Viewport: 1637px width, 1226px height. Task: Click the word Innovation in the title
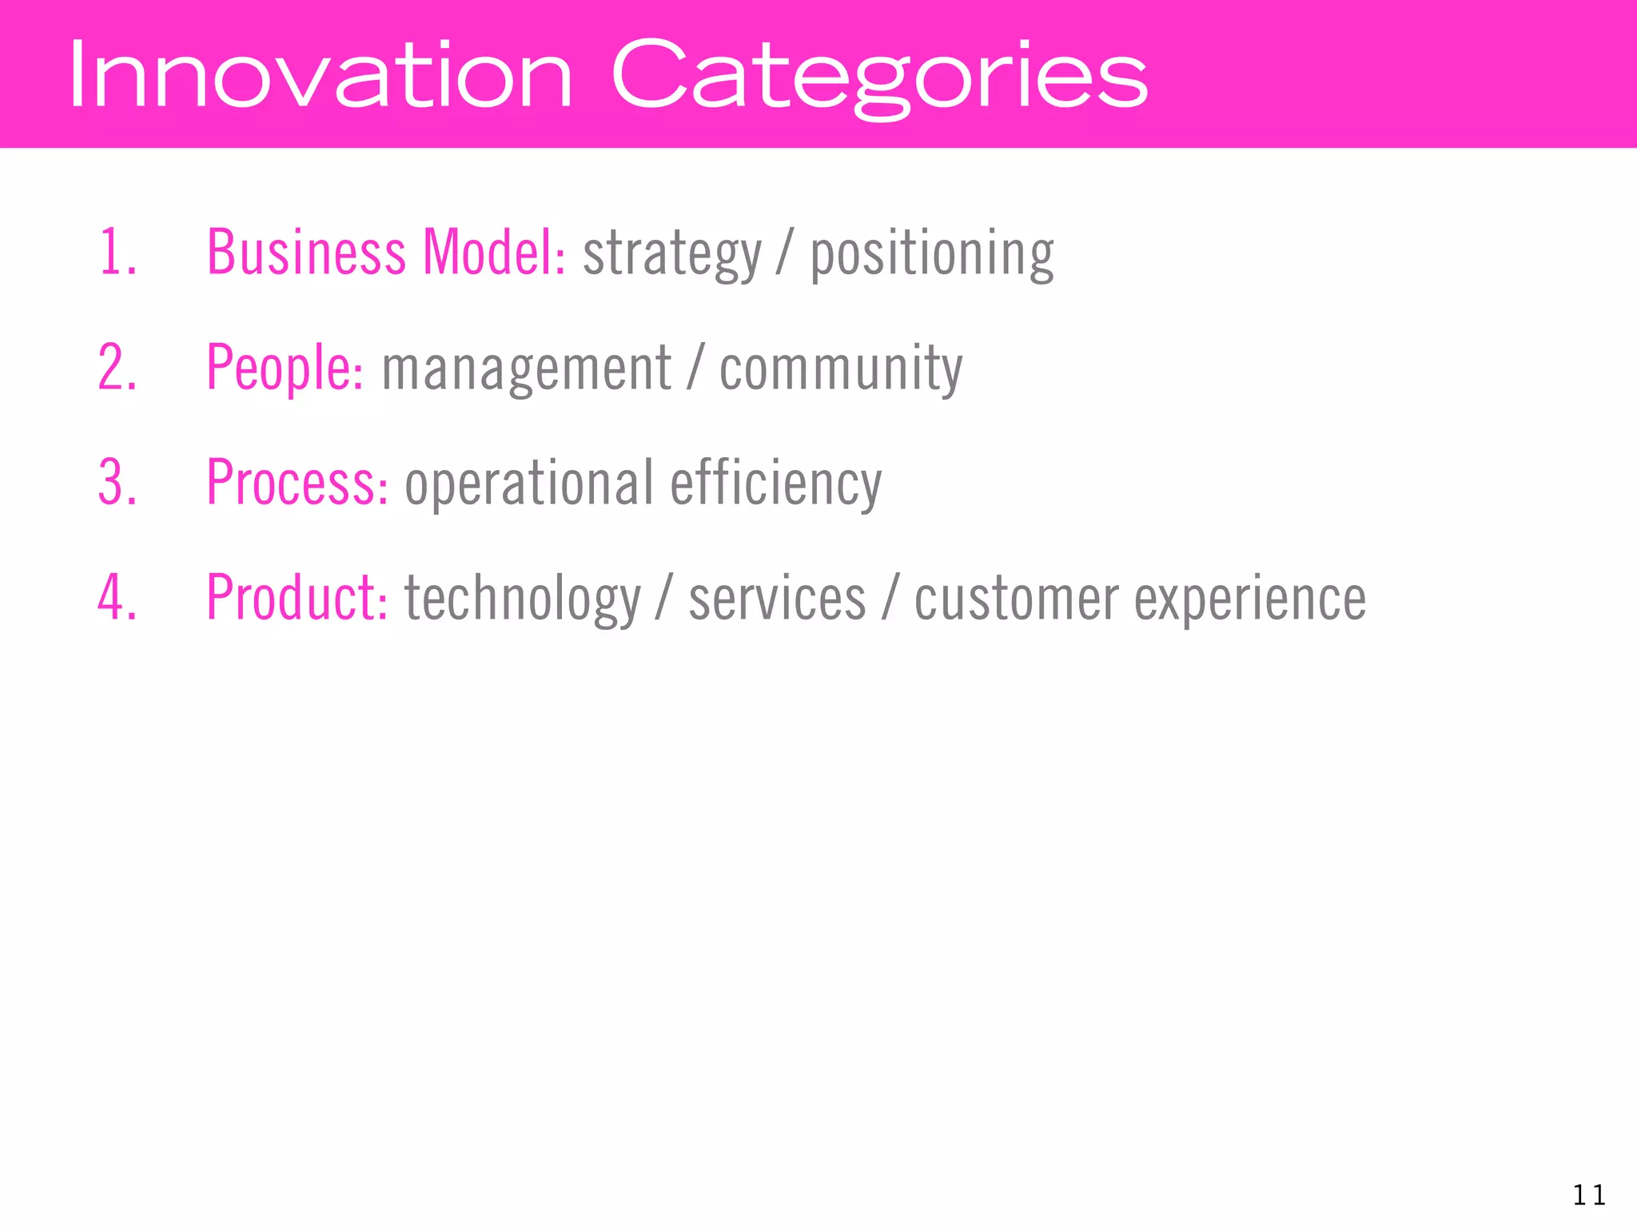pos(320,76)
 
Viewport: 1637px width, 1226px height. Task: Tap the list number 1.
pos(117,253)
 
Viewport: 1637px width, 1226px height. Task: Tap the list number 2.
pos(117,368)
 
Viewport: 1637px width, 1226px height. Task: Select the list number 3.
pos(117,483)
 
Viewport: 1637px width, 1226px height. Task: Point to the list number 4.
pos(117,598)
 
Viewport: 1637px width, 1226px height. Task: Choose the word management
pos(526,369)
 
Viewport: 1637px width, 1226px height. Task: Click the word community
pos(841,369)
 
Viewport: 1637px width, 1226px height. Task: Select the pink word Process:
pos(297,483)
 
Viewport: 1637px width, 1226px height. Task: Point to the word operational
pos(529,484)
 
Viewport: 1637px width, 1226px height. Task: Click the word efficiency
pos(775,484)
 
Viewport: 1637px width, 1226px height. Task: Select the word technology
pos(523,599)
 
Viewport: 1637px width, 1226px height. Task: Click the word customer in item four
pos(1016,599)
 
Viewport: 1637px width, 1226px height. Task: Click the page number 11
pos(1588,1196)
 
